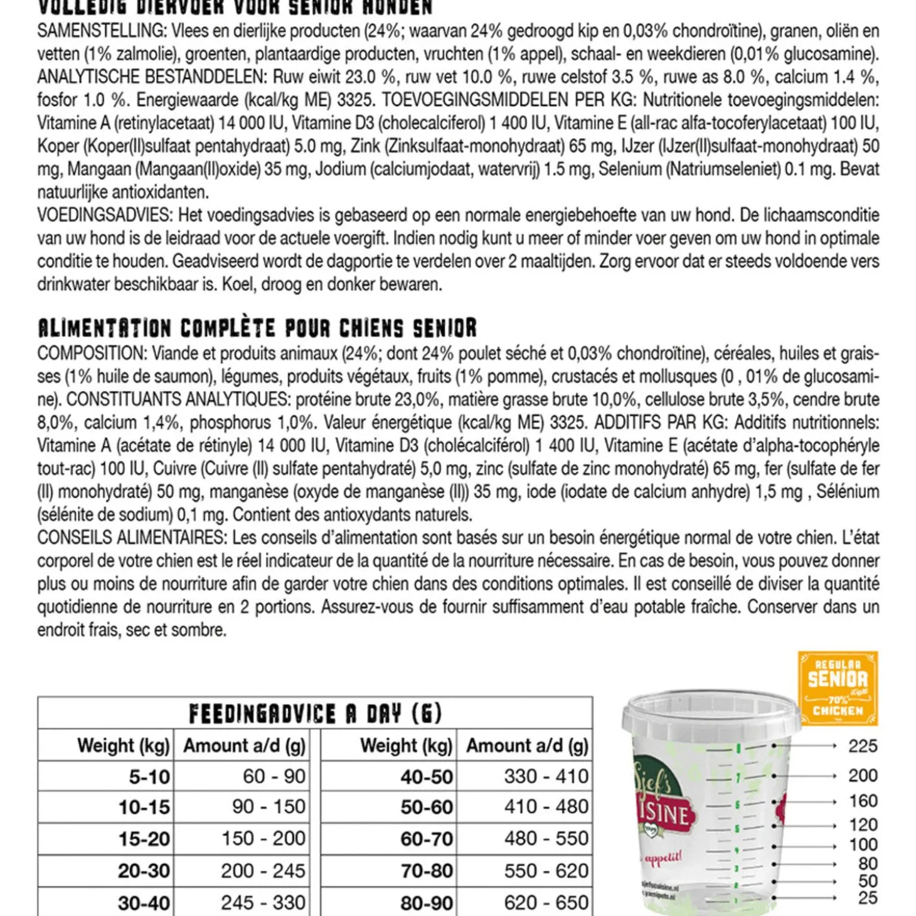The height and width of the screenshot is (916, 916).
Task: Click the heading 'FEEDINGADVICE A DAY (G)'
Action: (315, 713)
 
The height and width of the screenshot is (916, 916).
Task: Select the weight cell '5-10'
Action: (149, 777)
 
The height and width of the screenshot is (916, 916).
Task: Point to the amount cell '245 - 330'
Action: (263, 902)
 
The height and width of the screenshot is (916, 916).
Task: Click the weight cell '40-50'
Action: (427, 777)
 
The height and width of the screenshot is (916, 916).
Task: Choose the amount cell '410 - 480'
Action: (546, 806)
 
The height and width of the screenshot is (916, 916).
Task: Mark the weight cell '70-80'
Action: (427, 871)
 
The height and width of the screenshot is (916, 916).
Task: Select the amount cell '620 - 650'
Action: (546, 902)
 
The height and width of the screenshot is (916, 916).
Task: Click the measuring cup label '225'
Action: (862, 746)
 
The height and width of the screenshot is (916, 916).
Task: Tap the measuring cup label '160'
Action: (862, 801)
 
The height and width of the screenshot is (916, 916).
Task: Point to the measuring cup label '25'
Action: (867, 898)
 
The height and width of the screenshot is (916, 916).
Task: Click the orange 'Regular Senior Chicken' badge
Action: (837, 688)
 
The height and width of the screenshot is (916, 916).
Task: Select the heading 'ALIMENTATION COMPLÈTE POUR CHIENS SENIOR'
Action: (257, 328)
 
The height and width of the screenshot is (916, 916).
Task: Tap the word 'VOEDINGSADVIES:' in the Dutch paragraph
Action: (104, 215)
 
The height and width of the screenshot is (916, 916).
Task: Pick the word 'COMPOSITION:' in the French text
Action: (91, 353)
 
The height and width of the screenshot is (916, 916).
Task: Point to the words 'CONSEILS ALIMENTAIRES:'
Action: (130, 538)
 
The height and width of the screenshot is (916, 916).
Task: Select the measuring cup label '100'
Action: (862, 844)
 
